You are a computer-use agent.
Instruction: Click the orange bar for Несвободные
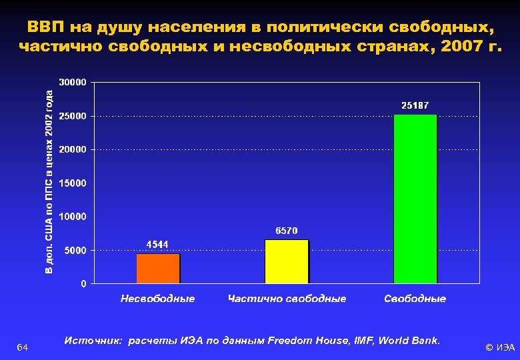pos(158,269)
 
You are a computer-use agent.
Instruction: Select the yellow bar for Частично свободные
pos(287,261)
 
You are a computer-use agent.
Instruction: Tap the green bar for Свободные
pos(415,199)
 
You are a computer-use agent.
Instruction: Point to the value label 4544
pos(157,245)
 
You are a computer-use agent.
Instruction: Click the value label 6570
pos(287,231)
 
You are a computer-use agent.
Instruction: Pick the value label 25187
pos(415,105)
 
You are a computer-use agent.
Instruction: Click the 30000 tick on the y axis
pos(73,83)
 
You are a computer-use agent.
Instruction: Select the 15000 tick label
pos(73,183)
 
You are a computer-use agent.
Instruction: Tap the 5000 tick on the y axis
pos(75,251)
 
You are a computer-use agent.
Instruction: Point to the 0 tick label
pos(83,284)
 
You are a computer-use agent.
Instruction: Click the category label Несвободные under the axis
pos(158,299)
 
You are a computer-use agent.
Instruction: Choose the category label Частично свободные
pos(287,299)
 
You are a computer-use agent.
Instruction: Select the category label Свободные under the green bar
pos(415,299)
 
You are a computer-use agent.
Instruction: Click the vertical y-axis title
pos(49,181)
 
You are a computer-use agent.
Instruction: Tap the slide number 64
pos(22,347)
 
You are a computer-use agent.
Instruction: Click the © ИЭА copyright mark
pos(500,347)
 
